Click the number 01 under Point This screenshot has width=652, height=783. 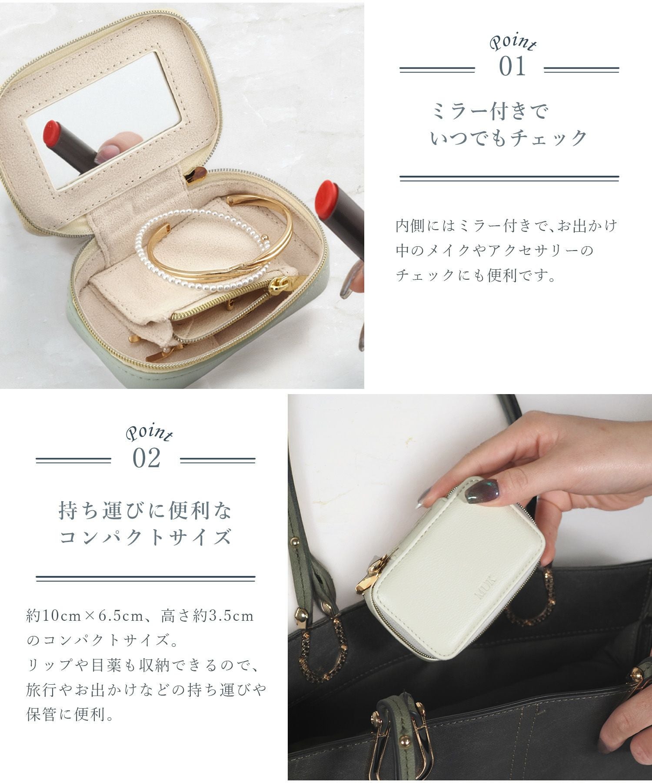pos(512,67)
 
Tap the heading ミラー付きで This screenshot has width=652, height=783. pos(490,111)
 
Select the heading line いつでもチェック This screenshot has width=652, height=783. pos(509,138)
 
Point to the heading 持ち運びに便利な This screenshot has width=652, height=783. pos(146,511)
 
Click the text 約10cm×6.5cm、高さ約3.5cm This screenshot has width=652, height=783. pos(140,616)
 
